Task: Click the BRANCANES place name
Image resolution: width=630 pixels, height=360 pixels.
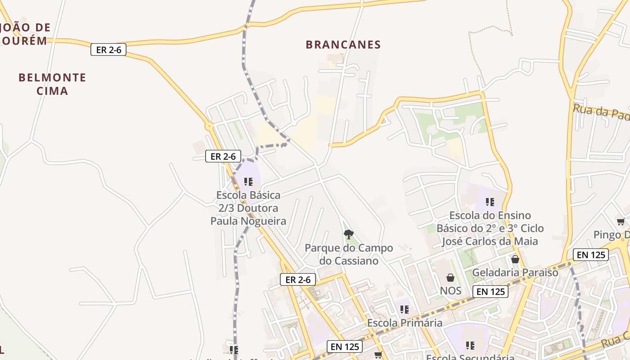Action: [x=343, y=45]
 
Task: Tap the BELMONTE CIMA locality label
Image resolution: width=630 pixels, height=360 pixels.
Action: [x=52, y=84]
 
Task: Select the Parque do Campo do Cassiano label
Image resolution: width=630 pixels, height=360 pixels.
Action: [x=349, y=254]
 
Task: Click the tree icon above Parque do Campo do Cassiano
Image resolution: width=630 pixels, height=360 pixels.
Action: [x=348, y=234]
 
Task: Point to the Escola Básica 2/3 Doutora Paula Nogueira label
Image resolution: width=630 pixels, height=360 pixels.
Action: [x=248, y=208]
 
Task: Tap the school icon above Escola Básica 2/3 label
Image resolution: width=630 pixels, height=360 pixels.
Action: [x=248, y=182]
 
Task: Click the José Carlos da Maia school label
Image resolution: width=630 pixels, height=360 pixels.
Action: [x=490, y=228]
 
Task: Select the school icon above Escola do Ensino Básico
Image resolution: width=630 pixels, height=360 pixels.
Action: [x=490, y=202]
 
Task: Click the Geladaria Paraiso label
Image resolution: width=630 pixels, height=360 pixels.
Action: [x=515, y=273]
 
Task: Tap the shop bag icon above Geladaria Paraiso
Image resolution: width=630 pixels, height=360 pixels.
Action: [x=515, y=259]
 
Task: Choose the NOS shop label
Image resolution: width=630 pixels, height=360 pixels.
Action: [x=450, y=291]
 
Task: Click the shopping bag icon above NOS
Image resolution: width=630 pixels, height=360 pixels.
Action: [x=450, y=278]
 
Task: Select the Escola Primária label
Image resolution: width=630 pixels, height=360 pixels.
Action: [x=405, y=323]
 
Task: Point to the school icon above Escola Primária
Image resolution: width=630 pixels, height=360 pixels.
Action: [x=405, y=310]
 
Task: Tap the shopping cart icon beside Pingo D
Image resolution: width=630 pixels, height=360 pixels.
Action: [x=621, y=222]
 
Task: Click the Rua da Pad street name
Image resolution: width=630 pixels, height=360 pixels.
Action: [x=601, y=112]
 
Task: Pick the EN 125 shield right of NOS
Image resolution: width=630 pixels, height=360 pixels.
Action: [x=490, y=292]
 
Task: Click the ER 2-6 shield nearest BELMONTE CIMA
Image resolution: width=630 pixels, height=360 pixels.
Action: [x=108, y=49]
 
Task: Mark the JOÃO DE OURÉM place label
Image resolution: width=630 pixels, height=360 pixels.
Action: [x=24, y=34]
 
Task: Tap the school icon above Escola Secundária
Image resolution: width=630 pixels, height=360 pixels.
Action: [x=470, y=346]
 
